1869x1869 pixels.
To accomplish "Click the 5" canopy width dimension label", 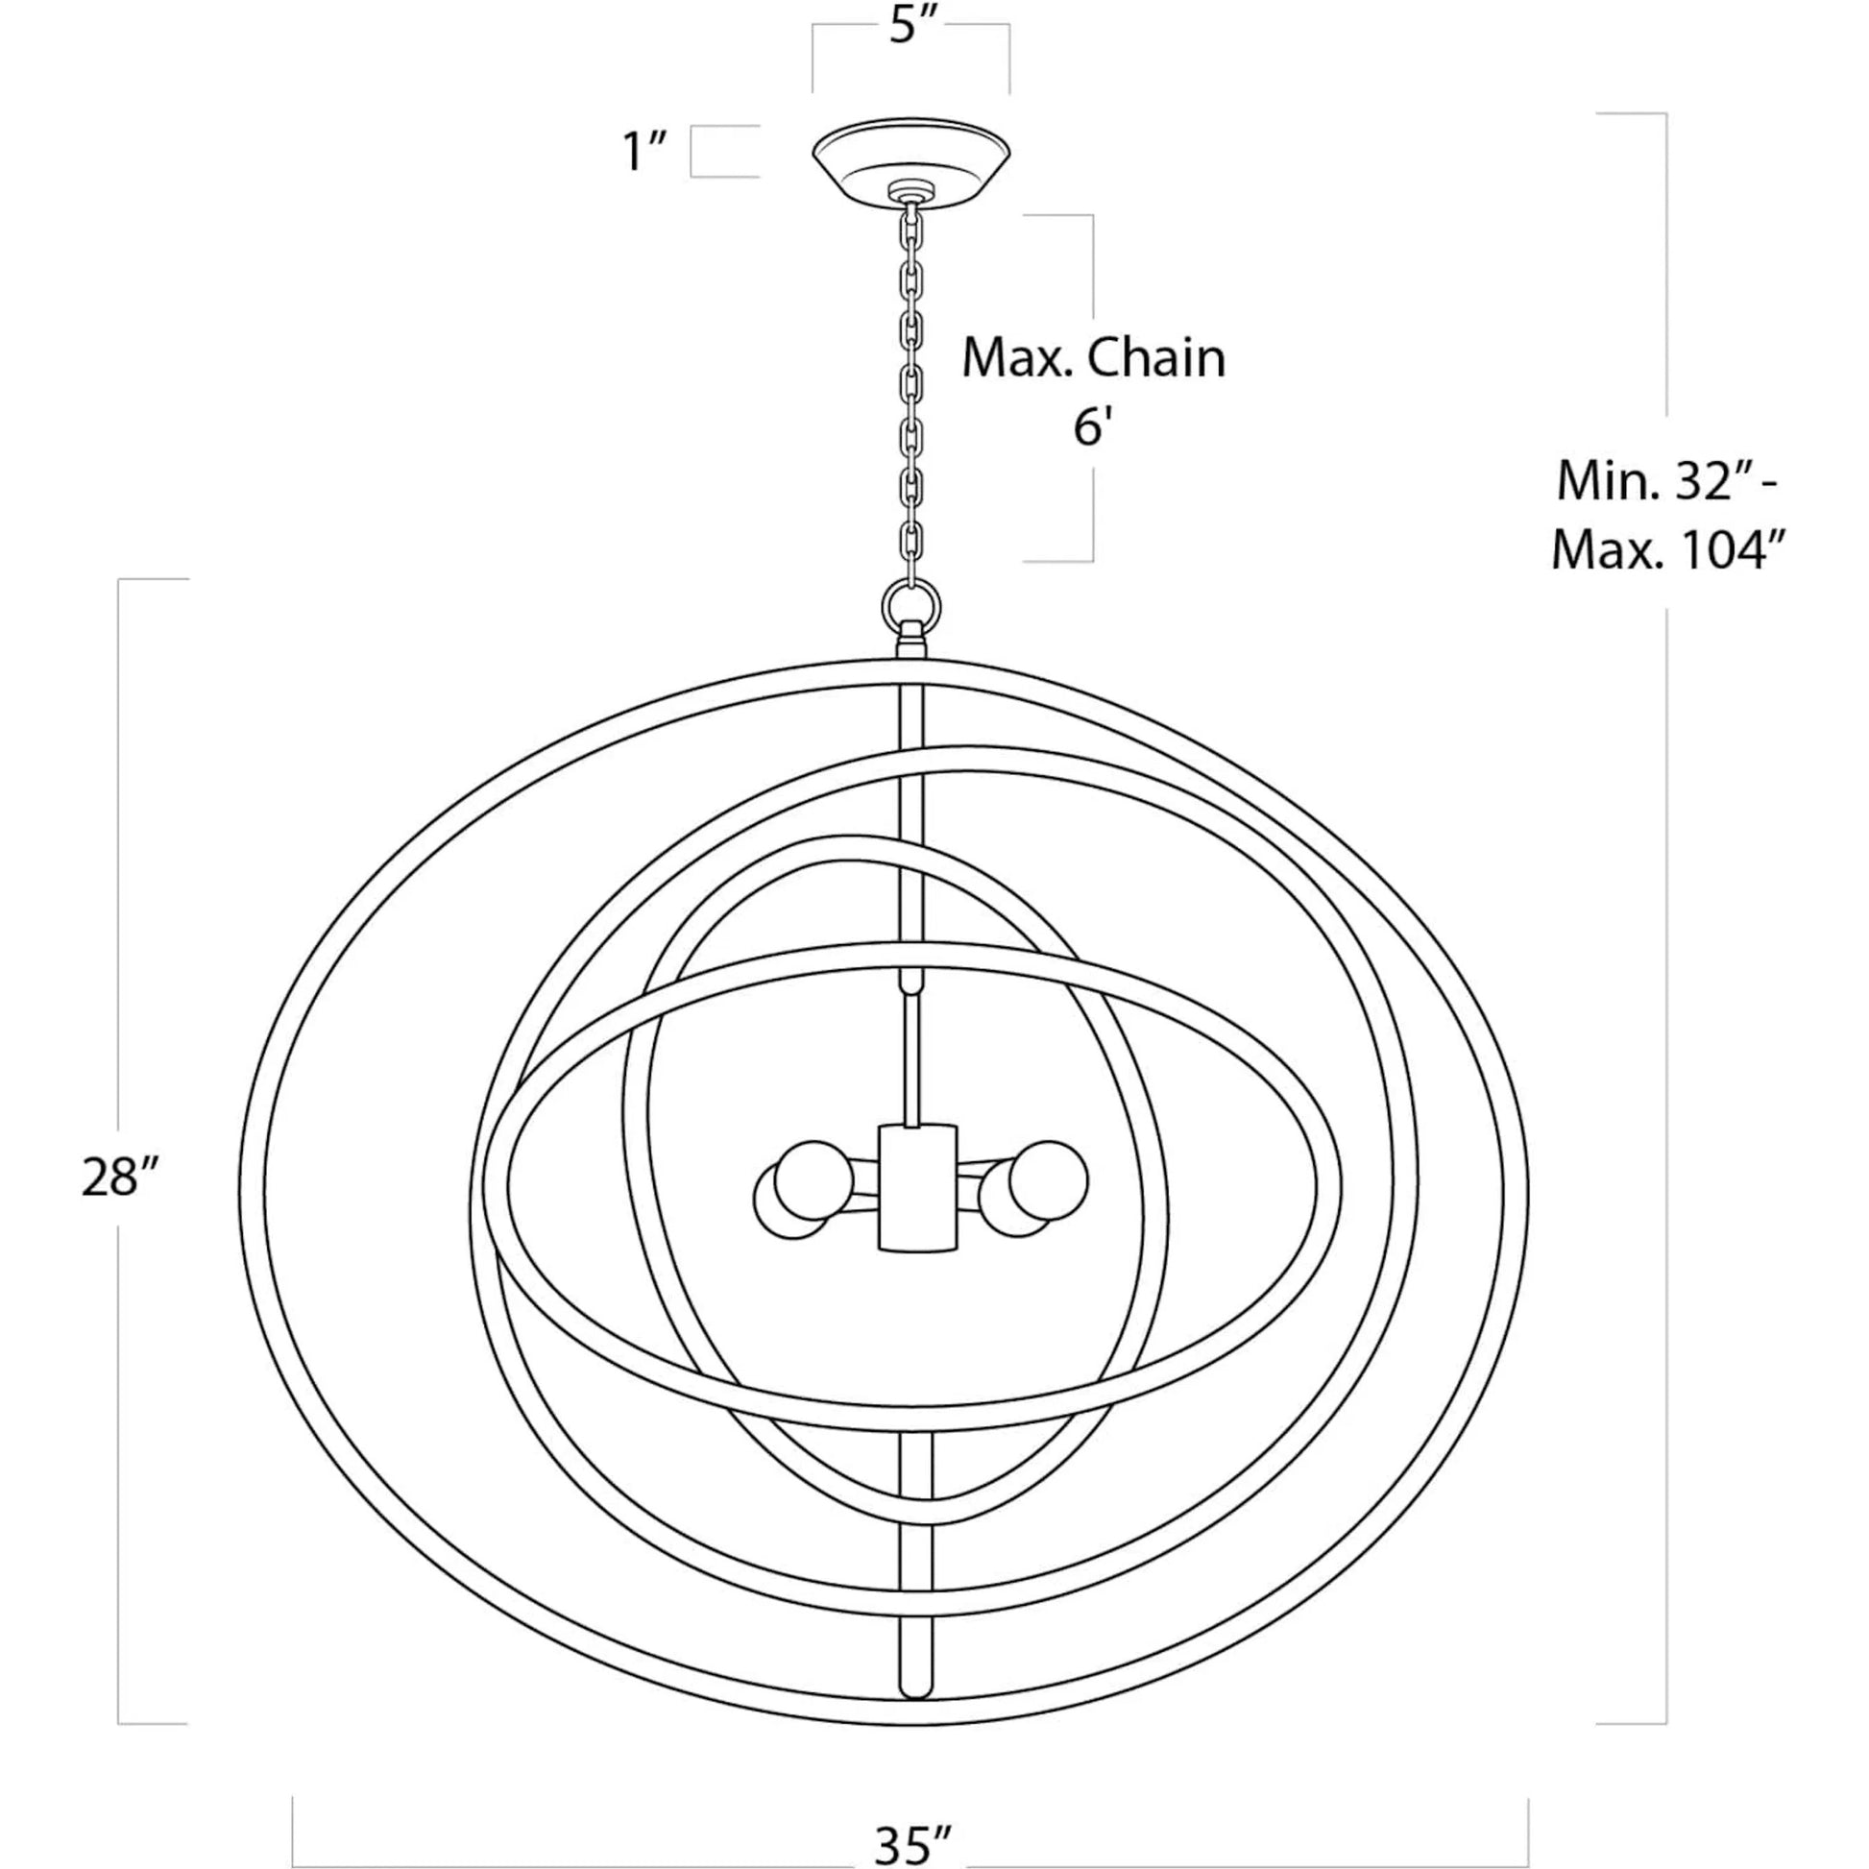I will point(914,26).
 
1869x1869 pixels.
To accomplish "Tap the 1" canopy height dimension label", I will point(644,152).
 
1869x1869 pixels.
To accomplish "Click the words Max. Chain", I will point(1093,358).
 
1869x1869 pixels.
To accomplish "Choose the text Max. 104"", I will point(1666,550).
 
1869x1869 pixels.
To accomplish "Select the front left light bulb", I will point(813,1180).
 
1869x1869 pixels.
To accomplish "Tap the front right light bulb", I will point(1048,1180).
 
